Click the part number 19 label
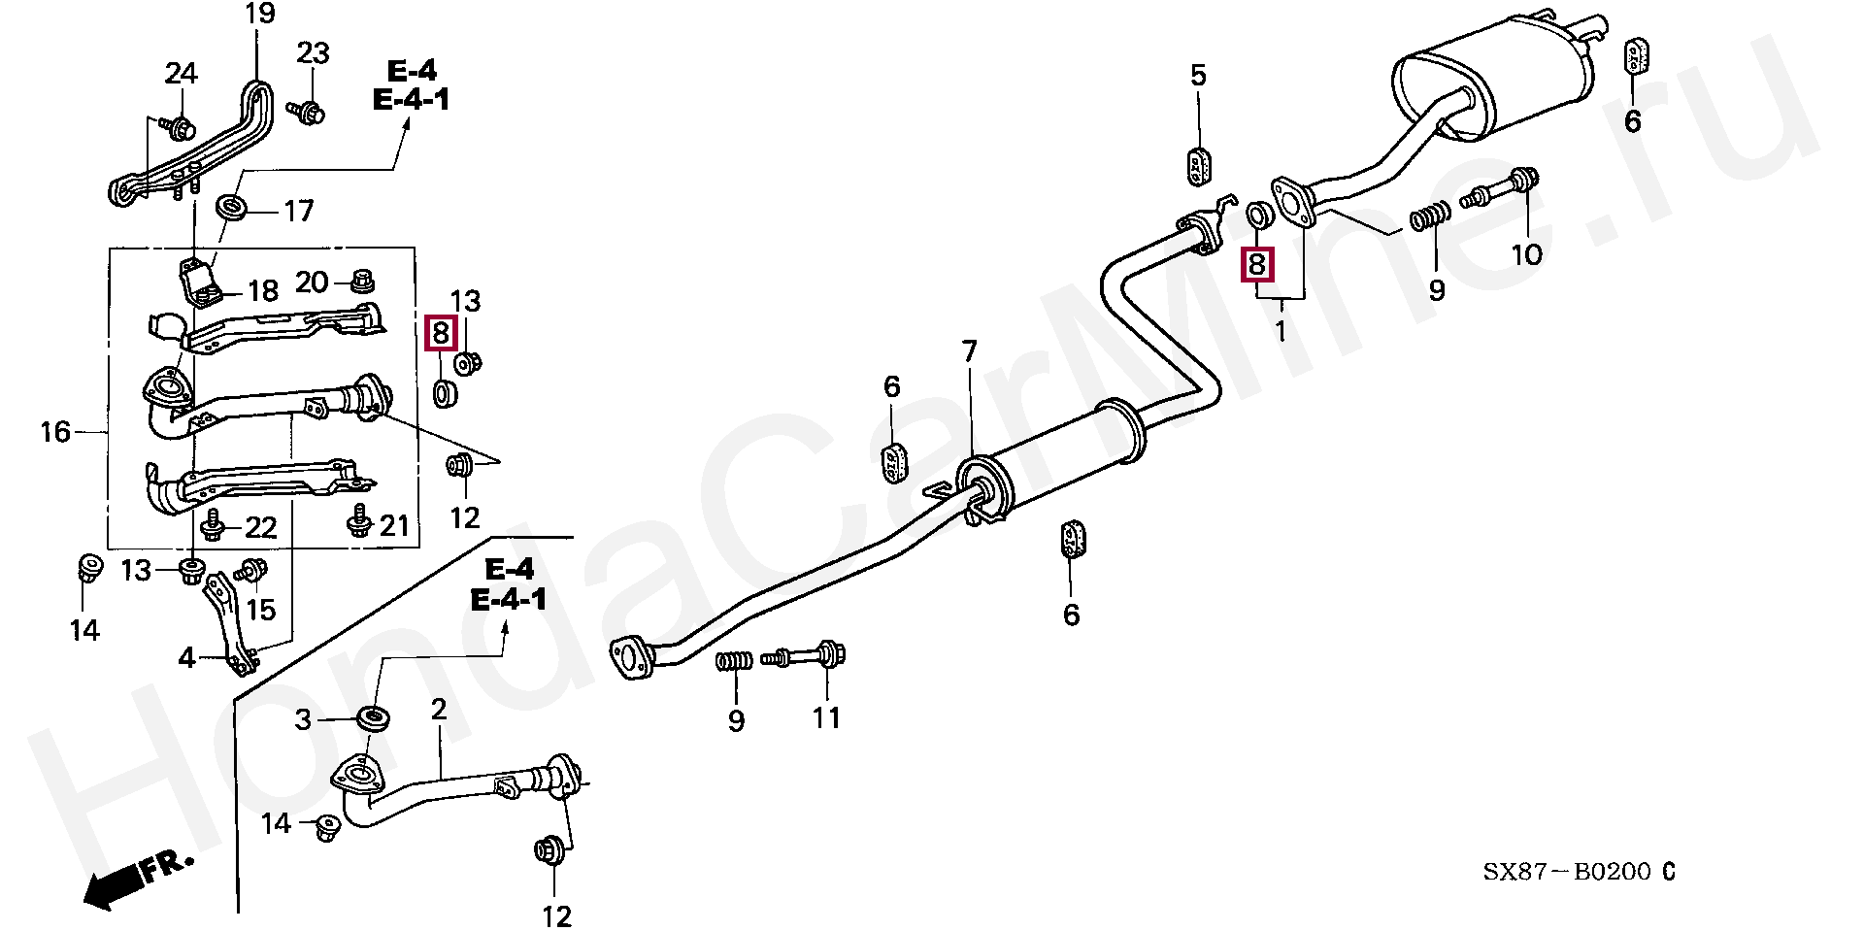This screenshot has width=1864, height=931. pyautogui.click(x=260, y=15)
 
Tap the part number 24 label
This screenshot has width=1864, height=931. pyautogui.click(x=181, y=74)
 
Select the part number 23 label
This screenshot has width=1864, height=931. pyautogui.click(x=313, y=53)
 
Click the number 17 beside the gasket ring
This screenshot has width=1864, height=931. pyautogui.click(x=299, y=210)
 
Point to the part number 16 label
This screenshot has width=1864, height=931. pyautogui.click(x=55, y=431)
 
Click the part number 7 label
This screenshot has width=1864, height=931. pyautogui.click(x=970, y=351)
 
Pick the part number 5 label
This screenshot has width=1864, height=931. pyautogui.click(x=1198, y=76)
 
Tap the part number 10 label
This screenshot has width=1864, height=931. pyautogui.click(x=1526, y=254)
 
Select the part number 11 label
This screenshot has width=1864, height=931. pyautogui.click(x=826, y=718)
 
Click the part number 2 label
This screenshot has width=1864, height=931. pyautogui.click(x=439, y=710)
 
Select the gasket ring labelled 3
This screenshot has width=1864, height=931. pyautogui.click(x=373, y=720)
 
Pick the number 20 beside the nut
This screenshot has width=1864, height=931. pyautogui.click(x=312, y=283)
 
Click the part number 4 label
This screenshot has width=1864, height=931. pyautogui.click(x=186, y=659)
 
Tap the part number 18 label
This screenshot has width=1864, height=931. pyautogui.click(x=262, y=290)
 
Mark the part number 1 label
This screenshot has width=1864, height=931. pyautogui.click(x=1280, y=331)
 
